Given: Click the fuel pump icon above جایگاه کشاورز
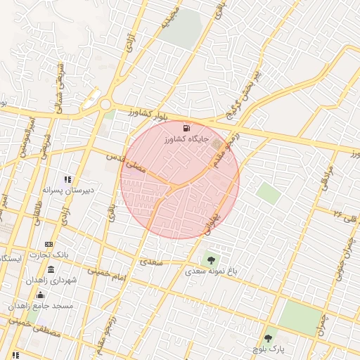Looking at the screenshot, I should [186, 128].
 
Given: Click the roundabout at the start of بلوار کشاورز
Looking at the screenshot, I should [105, 105].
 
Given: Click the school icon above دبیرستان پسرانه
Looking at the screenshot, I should [68, 179].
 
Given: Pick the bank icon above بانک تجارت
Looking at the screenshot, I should [49, 243].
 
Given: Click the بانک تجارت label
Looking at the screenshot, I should [49, 254].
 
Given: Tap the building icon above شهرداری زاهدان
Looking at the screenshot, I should [51, 270].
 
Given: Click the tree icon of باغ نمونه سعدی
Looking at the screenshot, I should [212, 262].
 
